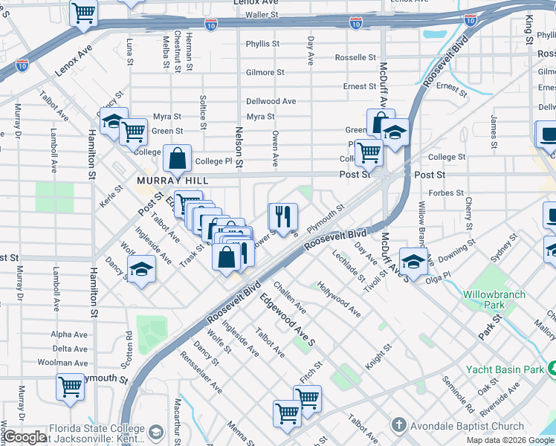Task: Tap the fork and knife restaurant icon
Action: (282, 216)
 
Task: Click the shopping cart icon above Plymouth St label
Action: (69, 387)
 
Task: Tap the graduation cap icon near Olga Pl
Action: (414, 260)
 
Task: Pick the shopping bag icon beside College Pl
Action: (177, 158)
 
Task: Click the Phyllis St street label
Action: (263, 44)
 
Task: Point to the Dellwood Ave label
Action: (271, 101)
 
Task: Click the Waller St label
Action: (262, 14)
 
